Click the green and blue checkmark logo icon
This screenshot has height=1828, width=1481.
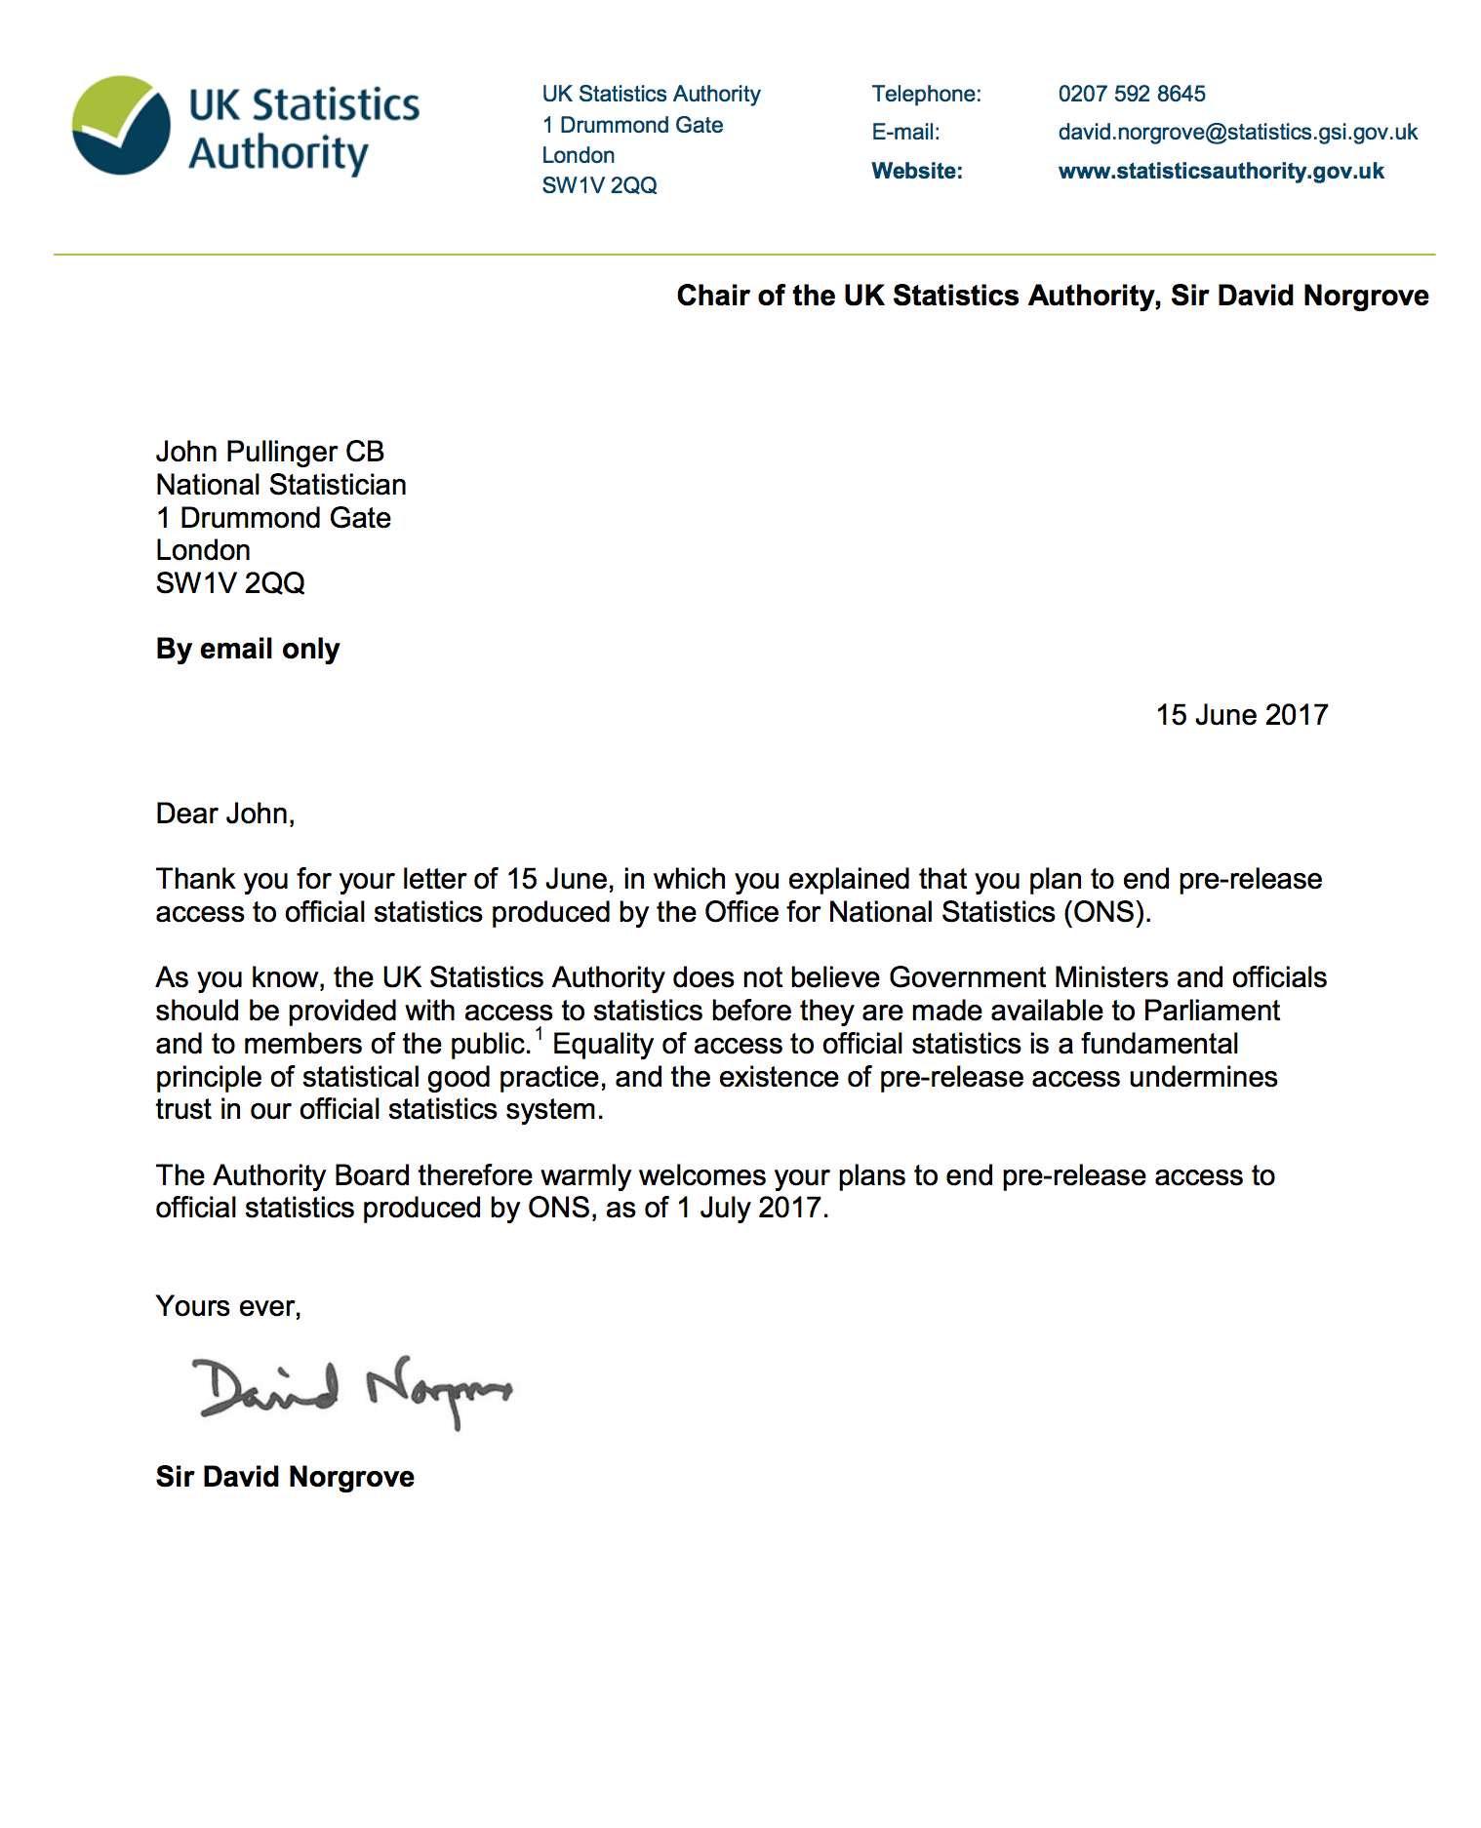(121, 126)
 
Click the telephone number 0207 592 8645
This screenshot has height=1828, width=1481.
(1131, 94)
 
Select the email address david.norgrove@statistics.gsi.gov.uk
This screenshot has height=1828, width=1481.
(1237, 132)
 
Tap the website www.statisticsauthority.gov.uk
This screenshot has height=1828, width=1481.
(1221, 171)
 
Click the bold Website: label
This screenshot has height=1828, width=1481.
(916, 171)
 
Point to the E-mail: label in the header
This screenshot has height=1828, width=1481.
(905, 132)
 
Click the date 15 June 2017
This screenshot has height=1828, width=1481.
(1241, 715)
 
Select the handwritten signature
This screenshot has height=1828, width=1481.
(351, 1389)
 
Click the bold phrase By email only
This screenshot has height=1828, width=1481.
(248, 649)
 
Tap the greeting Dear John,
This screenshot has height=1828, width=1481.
(225, 814)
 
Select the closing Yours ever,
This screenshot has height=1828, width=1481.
(228, 1306)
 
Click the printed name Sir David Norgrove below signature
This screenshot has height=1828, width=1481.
(285, 1477)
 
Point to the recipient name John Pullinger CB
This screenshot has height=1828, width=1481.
(269, 452)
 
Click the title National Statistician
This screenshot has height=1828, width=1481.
(281, 485)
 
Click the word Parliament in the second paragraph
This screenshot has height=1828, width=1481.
(1211, 1011)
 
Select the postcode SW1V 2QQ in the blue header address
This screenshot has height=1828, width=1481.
(599, 185)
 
